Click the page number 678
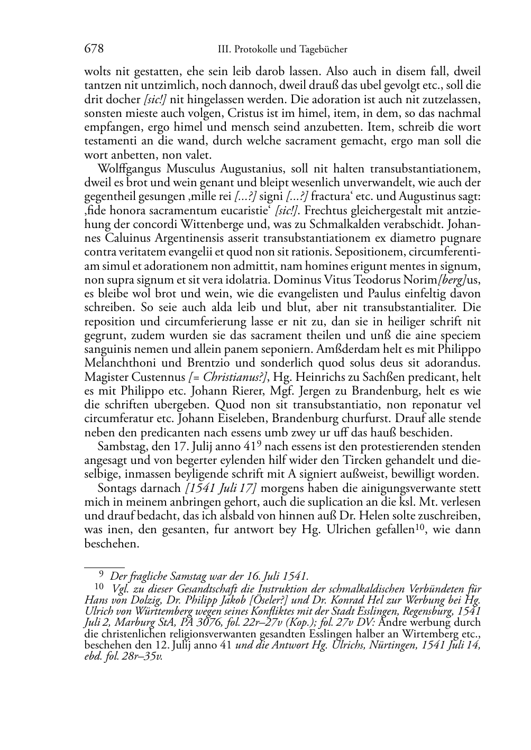click(94, 49)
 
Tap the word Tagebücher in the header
click(324, 50)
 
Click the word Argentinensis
click(178, 239)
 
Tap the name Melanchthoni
click(119, 363)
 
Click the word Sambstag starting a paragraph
click(120, 446)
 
